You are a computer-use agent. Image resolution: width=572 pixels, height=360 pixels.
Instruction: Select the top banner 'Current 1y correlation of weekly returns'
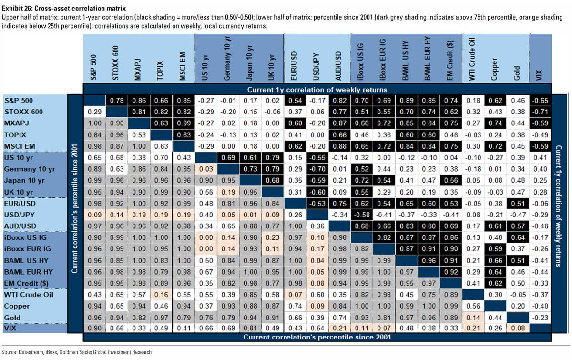coord(317,89)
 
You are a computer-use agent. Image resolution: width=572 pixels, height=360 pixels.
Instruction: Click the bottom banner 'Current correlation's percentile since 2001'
coord(317,338)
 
